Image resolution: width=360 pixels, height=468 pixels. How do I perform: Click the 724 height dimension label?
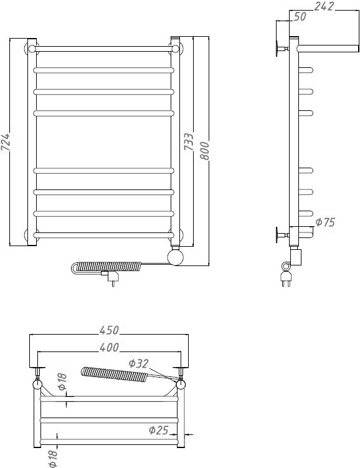tap(6, 142)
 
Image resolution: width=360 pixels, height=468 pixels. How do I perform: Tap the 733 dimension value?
tap(189, 141)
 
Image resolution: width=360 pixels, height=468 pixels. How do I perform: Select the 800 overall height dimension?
tap(205, 151)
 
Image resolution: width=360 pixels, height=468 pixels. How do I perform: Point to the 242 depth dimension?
tap(324, 6)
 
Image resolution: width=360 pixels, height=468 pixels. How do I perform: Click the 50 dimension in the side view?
tap(300, 16)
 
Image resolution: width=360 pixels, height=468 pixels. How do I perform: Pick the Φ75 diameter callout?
tap(325, 222)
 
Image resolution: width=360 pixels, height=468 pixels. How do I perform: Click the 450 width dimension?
tap(109, 330)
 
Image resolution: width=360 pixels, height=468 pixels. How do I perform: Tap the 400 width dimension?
tap(109, 347)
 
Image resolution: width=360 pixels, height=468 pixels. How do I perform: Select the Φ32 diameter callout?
tap(139, 363)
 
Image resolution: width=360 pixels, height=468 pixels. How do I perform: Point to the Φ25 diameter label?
tap(159, 430)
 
